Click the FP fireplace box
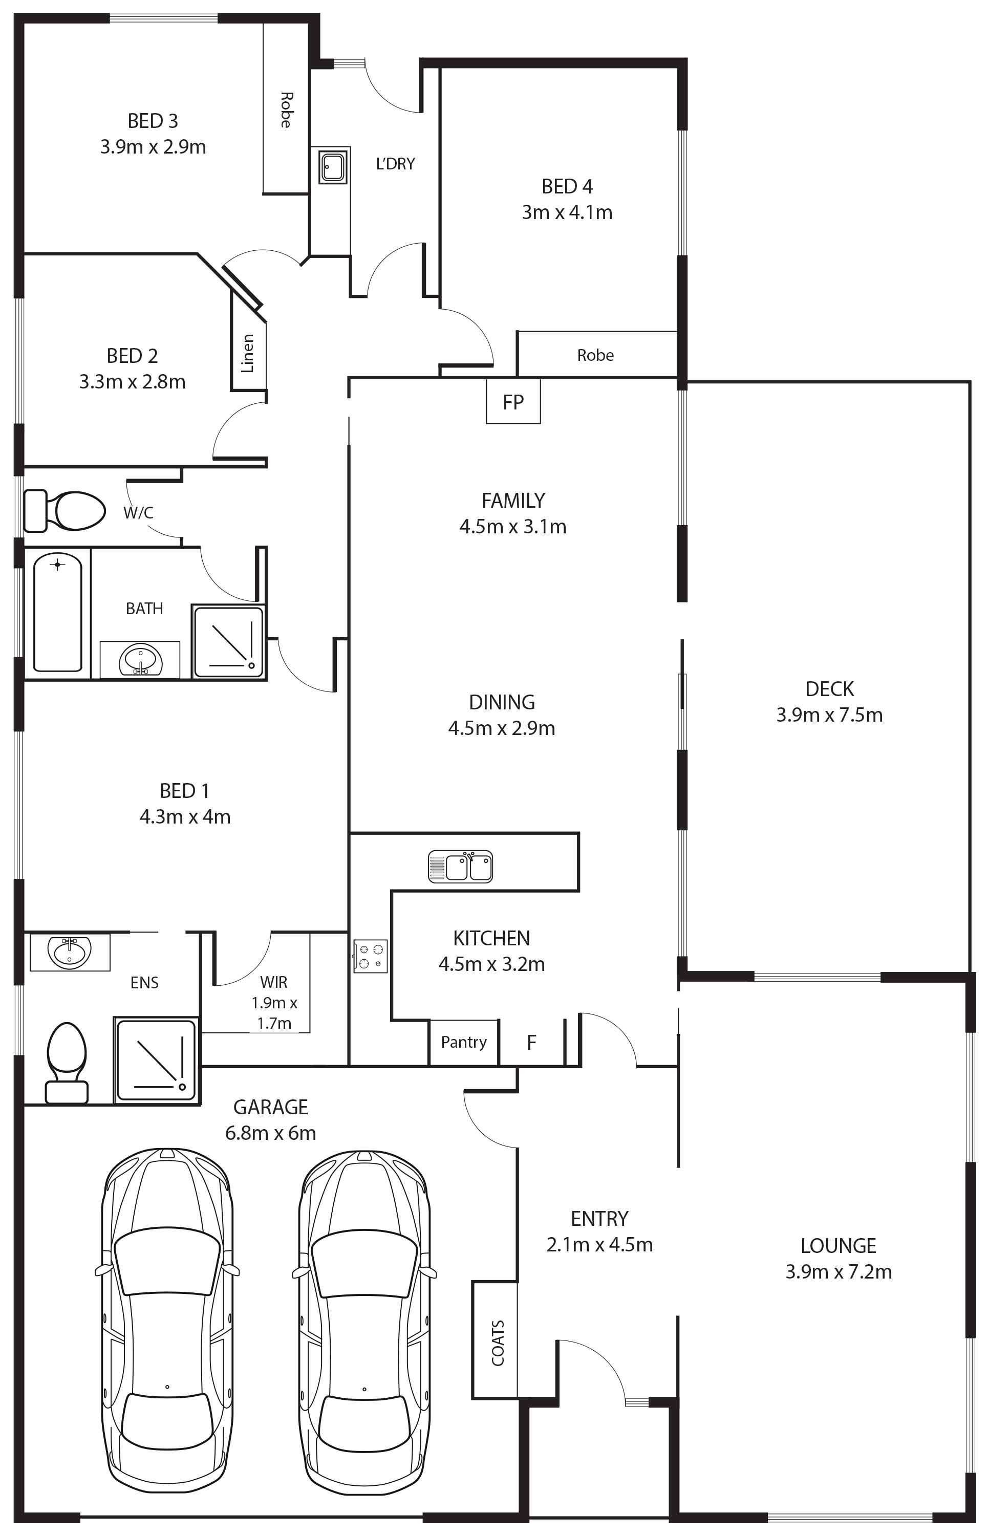click(x=513, y=401)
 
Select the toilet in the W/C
click(x=64, y=510)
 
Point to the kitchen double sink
click(x=461, y=867)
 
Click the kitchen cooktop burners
click(x=370, y=956)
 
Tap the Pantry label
click(x=464, y=1042)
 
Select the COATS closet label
click(x=498, y=1343)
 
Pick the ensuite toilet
click(x=67, y=1063)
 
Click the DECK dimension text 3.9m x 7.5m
click(x=829, y=715)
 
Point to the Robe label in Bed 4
click(x=595, y=355)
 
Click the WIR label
click(x=274, y=982)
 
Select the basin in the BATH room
click(x=140, y=660)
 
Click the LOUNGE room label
click(x=839, y=1245)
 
